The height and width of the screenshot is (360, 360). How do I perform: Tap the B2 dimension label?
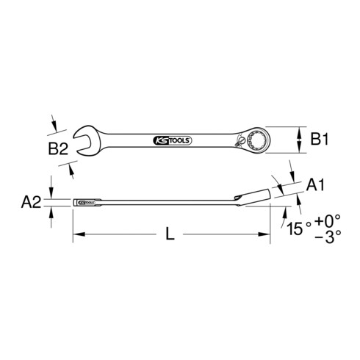[58, 149]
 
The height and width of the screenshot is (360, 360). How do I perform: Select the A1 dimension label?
[315, 187]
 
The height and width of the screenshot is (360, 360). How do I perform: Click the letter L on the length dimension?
[170, 235]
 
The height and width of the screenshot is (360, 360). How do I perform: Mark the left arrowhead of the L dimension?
[76, 235]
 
